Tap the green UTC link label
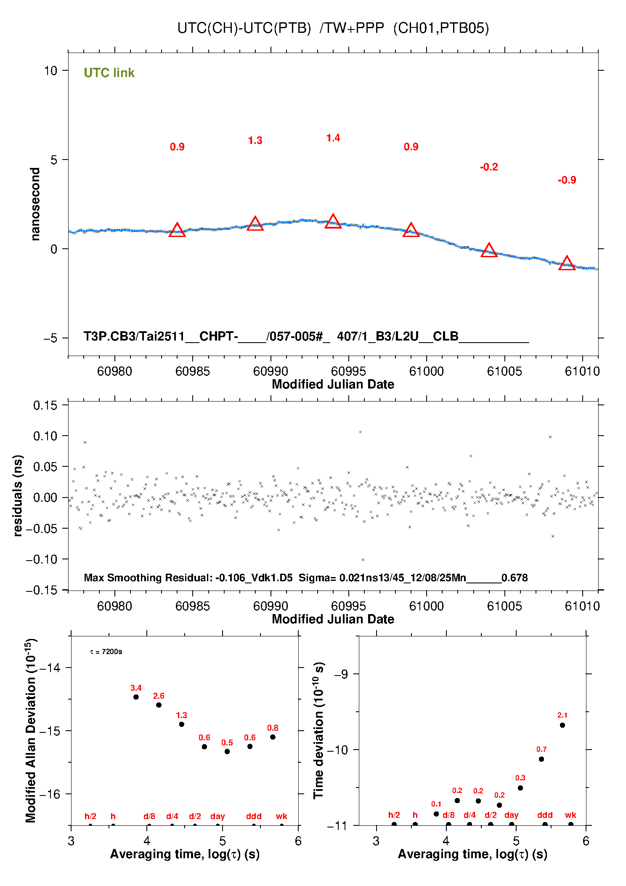(x=109, y=73)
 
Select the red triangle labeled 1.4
(x=333, y=222)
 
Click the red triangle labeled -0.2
(x=489, y=250)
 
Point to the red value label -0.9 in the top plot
(x=567, y=180)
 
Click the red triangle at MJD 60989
(x=255, y=224)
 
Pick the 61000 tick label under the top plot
(x=426, y=371)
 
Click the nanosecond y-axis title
(x=35, y=204)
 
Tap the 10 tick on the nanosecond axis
(x=50, y=71)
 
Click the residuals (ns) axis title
(x=18, y=495)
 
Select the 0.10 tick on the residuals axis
(x=45, y=436)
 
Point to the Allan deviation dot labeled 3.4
(x=136, y=697)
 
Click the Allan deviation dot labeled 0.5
(x=227, y=751)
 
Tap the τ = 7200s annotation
(x=106, y=652)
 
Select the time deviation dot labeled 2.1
(x=562, y=725)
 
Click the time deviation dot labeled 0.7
(x=541, y=759)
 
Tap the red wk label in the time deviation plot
(x=570, y=815)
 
